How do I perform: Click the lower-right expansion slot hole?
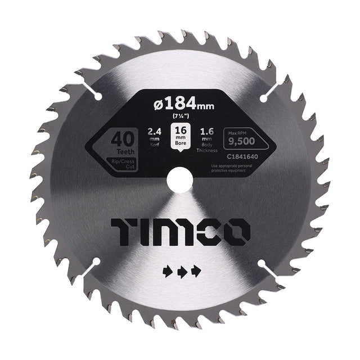coord(263,262)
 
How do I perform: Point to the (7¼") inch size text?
coord(180,116)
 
